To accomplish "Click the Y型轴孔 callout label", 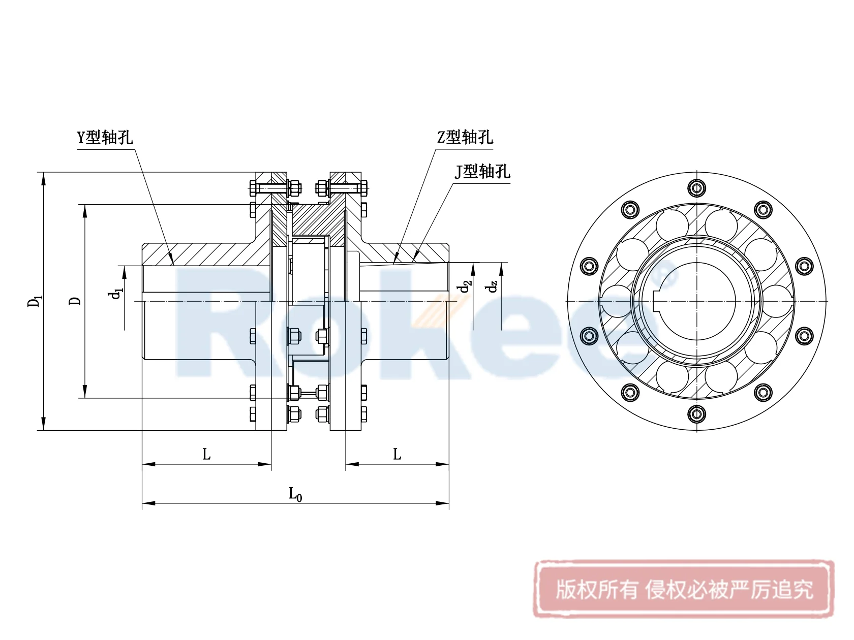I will [x=105, y=138].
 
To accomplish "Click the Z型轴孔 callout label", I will [x=465, y=138].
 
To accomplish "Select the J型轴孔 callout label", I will [x=482, y=172].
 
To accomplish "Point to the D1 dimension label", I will [x=34, y=301].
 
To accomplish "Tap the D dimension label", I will [x=75, y=301].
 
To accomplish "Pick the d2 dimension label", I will [x=464, y=287].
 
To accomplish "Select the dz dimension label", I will [x=492, y=287].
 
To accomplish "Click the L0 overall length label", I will [x=295, y=494].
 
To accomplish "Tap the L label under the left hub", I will [x=206, y=455].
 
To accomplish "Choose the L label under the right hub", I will [x=397, y=455].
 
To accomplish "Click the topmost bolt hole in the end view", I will [x=696, y=188].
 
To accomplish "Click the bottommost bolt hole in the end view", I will [x=696, y=414].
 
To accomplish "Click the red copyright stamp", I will [x=684, y=590].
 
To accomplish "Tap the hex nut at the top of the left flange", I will [x=293, y=188].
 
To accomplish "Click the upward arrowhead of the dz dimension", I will [x=501, y=268].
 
